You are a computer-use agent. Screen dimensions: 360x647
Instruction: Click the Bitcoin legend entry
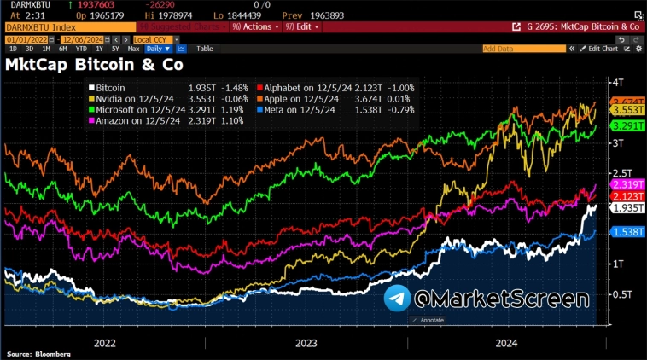click(112, 88)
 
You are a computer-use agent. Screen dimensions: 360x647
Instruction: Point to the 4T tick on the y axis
click(614, 82)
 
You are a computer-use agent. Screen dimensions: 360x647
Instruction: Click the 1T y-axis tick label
click(614, 264)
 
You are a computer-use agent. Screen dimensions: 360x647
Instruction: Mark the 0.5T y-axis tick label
click(617, 294)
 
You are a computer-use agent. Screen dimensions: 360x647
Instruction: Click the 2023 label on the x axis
click(306, 343)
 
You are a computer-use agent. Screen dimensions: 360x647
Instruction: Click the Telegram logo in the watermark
click(396, 298)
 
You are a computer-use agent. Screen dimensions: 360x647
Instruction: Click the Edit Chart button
click(601, 49)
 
